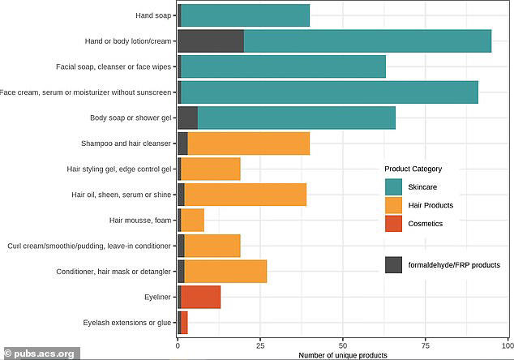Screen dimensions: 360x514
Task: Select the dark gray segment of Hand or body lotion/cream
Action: click(x=210, y=41)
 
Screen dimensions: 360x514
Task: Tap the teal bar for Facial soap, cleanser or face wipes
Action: click(x=283, y=66)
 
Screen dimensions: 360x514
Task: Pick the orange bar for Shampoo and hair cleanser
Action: click(x=249, y=144)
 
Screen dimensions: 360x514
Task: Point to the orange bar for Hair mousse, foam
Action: click(x=192, y=220)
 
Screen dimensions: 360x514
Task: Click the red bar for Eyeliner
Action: click(x=200, y=297)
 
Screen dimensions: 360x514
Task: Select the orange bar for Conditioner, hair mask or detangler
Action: click(x=225, y=271)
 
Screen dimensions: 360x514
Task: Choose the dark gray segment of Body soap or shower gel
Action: click(x=187, y=118)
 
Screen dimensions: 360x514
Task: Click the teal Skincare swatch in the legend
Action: click(x=394, y=187)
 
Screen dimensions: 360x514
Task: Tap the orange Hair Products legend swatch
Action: click(x=394, y=205)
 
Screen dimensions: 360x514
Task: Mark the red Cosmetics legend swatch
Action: click(x=394, y=223)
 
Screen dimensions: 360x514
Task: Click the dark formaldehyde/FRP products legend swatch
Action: click(x=394, y=264)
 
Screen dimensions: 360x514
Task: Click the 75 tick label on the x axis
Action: click(x=425, y=345)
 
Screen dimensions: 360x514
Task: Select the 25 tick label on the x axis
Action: click(x=259, y=345)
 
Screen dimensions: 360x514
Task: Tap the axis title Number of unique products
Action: click(x=341, y=354)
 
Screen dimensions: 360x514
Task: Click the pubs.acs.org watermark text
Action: click(x=45, y=354)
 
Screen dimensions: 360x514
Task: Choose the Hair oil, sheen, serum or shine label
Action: click(x=122, y=195)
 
